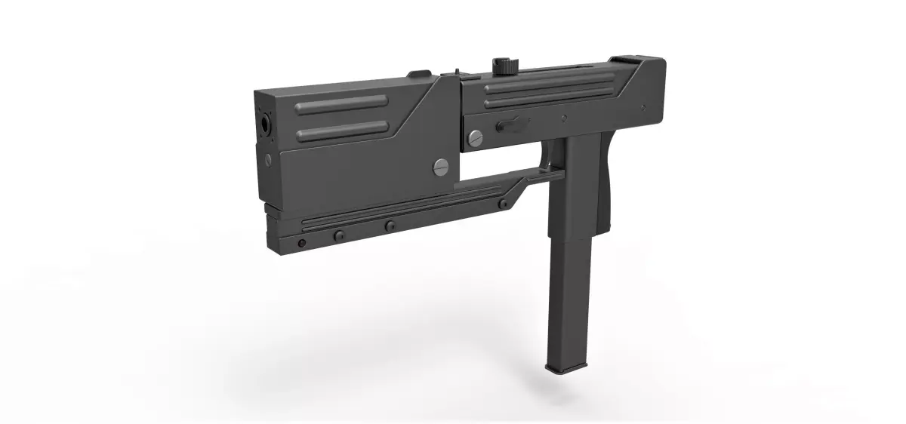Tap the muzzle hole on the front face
tap(265, 122)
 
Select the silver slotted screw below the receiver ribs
tap(475, 137)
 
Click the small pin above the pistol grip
tap(564, 118)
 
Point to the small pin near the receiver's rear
tap(644, 107)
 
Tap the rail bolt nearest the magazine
tap(502, 204)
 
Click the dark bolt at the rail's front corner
tap(302, 243)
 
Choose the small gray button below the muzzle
tap(267, 159)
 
